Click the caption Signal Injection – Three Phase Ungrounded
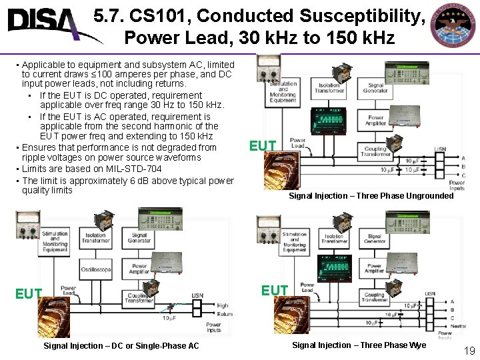pos(371,195)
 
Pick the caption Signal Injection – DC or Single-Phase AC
pos(121,345)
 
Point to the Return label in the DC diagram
pos(224,313)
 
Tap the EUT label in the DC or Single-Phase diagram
pos(29,294)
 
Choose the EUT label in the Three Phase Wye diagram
pos(275,290)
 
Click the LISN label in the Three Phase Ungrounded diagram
pos(440,149)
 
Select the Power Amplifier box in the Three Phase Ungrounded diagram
pos(376,121)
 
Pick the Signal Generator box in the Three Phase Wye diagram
pos(375,239)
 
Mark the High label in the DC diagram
pos(222,306)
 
